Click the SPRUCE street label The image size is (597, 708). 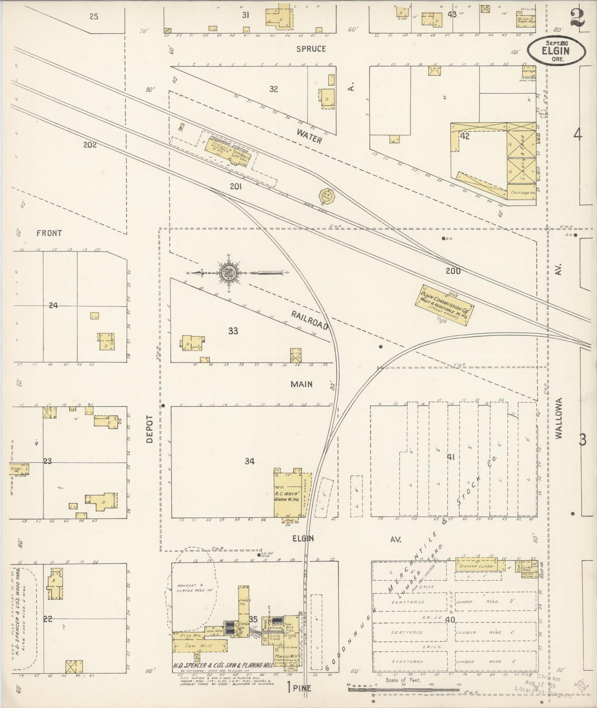click(x=311, y=49)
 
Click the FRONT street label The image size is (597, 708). click(x=49, y=233)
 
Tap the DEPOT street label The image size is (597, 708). click(x=150, y=429)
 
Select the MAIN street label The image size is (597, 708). click(x=302, y=384)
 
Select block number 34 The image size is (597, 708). click(x=249, y=461)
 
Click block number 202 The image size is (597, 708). click(x=89, y=145)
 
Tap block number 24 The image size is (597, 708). click(x=53, y=306)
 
